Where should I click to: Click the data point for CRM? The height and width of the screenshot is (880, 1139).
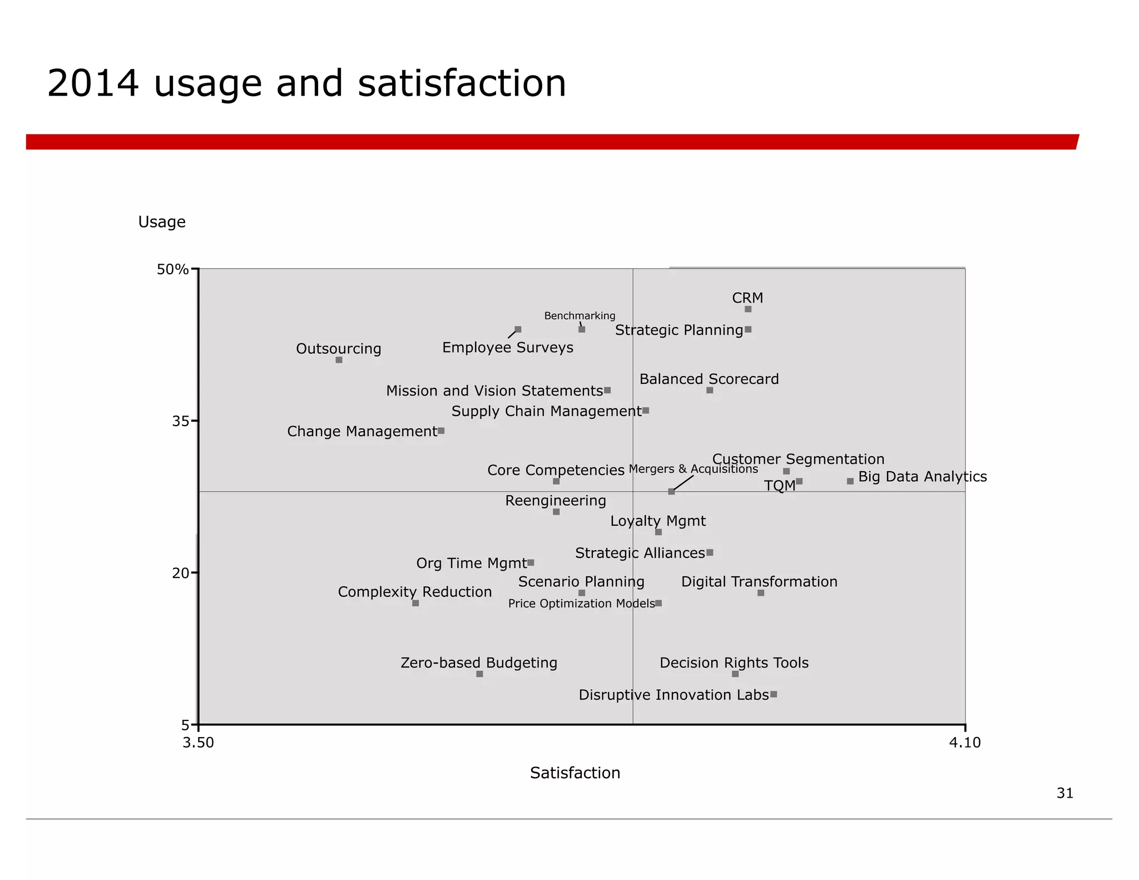pos(748,309)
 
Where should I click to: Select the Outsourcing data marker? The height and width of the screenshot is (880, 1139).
pos(339,360)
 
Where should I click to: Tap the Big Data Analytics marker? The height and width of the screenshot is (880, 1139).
pos(850,481)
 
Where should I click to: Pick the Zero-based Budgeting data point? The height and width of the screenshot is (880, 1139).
pos(479,674)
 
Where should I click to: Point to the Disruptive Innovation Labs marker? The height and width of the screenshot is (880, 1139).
pos(774,694)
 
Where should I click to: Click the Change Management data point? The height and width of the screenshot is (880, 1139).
pos(441,431)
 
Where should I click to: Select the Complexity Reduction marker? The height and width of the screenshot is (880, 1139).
pos(415,603)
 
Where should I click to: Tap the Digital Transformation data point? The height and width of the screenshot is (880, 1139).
pos(761,593)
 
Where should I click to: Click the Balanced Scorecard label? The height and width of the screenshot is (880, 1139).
pos(709,379)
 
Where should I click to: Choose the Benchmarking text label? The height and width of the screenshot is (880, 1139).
pos(580,316)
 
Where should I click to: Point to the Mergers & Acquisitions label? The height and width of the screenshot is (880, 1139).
pos(694,469)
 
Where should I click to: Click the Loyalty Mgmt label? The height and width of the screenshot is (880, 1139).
pos(658,521)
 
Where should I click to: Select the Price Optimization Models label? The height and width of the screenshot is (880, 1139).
pos(581,604)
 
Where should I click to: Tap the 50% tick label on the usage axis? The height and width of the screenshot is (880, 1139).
pos(173,270)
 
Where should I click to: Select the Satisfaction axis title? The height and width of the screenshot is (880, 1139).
pos(575,773)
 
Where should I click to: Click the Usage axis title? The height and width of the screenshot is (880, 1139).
pos(162,222)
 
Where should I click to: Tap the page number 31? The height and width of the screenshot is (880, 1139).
pos(1065,793)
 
